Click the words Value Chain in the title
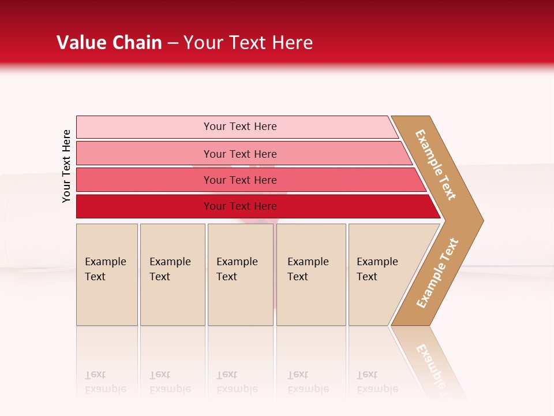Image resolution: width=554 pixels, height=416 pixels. tap(109, 43)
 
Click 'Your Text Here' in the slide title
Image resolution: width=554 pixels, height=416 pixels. tap(248, 43)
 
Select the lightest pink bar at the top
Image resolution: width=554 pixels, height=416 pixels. tap(144, 127)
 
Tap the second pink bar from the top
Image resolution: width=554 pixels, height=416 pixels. tap(144, 154)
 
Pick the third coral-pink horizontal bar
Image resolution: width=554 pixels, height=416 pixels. tap(144, 180)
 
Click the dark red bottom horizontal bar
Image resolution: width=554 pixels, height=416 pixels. tap(144, 206)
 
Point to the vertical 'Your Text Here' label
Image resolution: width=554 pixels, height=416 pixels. tap(66, 166)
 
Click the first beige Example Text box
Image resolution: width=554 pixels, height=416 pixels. tap(107, 274)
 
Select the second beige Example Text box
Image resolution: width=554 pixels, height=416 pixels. tap(172, 274)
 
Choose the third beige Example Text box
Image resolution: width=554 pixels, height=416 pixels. tap(240, 274)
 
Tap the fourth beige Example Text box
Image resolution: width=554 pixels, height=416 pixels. tap(311, 274)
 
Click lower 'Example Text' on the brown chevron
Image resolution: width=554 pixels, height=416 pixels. tap(437, 273)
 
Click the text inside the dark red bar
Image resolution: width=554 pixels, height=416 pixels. tap(240, 206)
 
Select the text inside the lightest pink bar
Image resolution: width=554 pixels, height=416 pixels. tap(240, 127)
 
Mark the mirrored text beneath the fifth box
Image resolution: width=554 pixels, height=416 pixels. tap(377, 382)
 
